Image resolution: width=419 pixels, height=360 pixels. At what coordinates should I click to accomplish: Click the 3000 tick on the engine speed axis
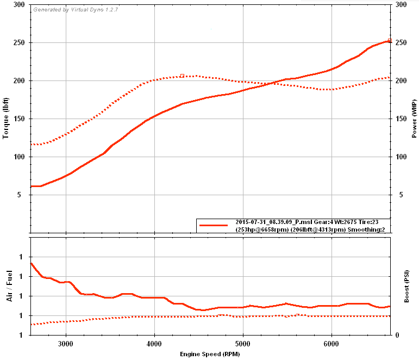[66, 344]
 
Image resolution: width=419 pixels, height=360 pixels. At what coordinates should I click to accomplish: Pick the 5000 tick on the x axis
[243, 344]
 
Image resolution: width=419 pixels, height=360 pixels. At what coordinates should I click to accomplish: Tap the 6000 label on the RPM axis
[332, 344]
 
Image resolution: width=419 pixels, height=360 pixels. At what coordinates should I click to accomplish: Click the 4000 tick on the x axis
[154, 344]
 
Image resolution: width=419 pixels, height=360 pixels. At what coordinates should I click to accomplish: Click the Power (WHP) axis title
[414, 119]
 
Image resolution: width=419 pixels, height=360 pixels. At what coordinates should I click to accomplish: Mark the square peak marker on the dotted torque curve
[182, 76]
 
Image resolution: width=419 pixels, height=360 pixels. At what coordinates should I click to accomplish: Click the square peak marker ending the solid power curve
[390, 41]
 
